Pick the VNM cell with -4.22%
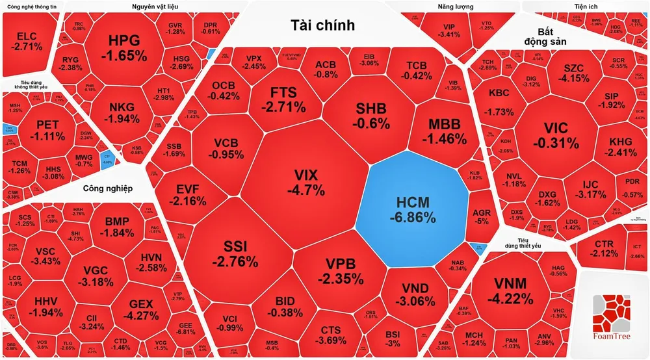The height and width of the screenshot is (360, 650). [x=513, y=290]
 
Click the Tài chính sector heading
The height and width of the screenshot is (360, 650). [x=323, y=26]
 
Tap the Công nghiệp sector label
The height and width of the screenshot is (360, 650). [x=108, y=188]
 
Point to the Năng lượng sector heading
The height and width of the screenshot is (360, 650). [x=455, y=6]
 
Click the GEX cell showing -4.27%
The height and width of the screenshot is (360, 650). [x=144, y=309]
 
